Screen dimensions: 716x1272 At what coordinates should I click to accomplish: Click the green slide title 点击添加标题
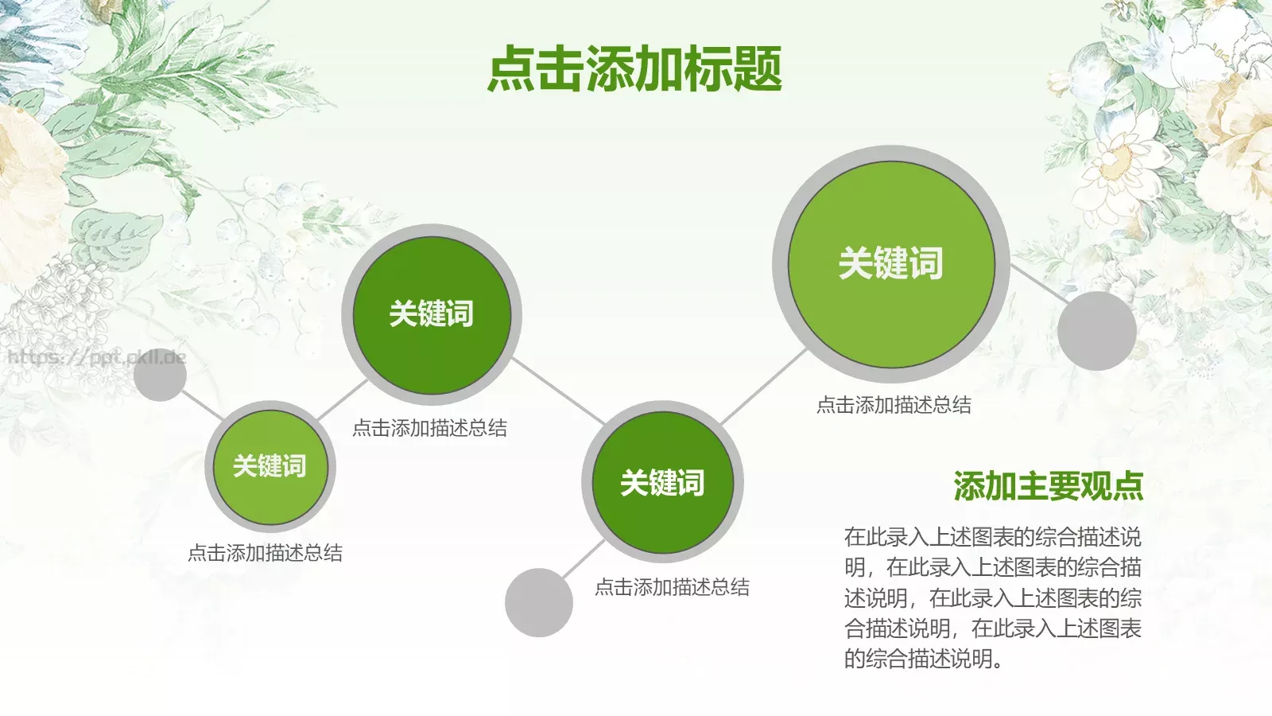tap(634, 69)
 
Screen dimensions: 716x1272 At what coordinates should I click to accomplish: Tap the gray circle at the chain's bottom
tap(539, 602)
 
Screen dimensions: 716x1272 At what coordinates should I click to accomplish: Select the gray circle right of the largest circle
tap(1096, 330)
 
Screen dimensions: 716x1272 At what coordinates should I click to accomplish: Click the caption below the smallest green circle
tap(265, 553)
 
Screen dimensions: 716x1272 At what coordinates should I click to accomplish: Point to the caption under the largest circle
tap(894, 405)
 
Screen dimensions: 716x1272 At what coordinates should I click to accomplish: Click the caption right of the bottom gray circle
tap(672, 587)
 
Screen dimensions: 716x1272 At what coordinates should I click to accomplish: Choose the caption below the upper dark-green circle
tap(429, 428)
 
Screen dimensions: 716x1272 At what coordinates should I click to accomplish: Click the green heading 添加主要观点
tap(1048, 486)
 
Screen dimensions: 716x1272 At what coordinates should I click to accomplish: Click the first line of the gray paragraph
tap(992, 537)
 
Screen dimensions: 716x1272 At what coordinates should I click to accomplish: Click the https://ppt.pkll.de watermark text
tap(96, 357)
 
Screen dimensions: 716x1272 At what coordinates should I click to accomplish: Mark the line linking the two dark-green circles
tap(559, 391)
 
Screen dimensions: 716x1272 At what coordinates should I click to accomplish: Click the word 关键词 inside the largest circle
tap(890, 263)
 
